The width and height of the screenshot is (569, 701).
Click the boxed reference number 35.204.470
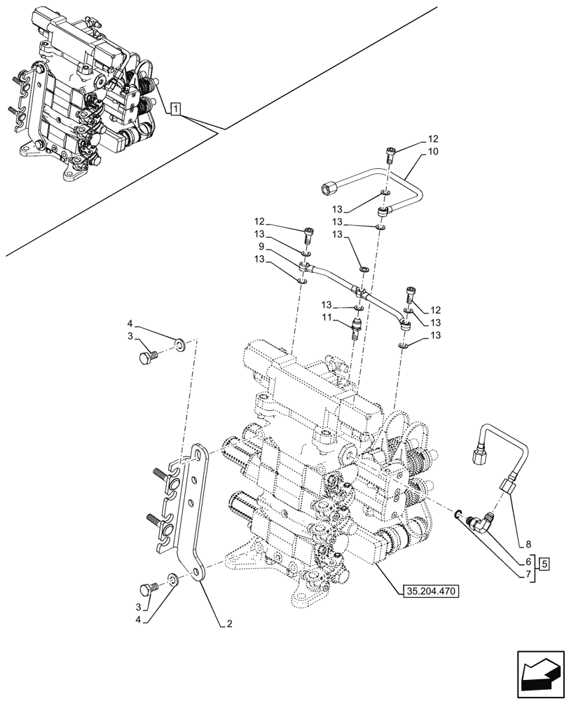pos(431,592)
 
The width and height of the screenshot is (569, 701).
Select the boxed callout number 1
pos(176,108)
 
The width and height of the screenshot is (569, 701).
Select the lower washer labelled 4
pos(172,579)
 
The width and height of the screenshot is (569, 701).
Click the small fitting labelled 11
pos(356,327)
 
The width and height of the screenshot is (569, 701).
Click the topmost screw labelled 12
pos(391,153)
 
